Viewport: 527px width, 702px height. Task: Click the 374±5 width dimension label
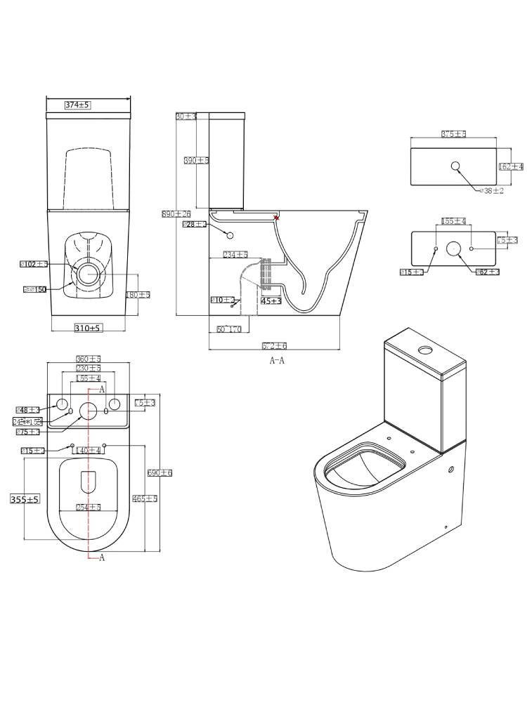click(x=78, y=105)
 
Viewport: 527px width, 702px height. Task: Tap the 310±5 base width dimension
click(x=88, y=328)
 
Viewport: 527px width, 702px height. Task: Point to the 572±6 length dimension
click(x=274, y=345)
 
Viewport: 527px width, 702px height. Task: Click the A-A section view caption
click(x=277, y=361)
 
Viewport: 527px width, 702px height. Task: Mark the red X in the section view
click(x=276, y=218)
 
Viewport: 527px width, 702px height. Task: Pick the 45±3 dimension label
click(x=271, y=300)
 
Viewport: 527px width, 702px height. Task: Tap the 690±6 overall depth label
click(x=160, y=473)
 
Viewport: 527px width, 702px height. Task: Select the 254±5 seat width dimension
click(x=89, y=507)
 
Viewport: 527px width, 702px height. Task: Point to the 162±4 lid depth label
click(x=511, y=166)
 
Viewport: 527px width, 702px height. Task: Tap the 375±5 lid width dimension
click(x=453, y=133)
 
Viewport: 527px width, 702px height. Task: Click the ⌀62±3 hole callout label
click(x=488, y=272)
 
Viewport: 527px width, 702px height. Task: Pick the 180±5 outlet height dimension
click(x=138, y=295)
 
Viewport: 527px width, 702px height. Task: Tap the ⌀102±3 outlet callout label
click(x=34, y=264)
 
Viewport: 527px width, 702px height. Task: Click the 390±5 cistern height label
click(x=197, y=161)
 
